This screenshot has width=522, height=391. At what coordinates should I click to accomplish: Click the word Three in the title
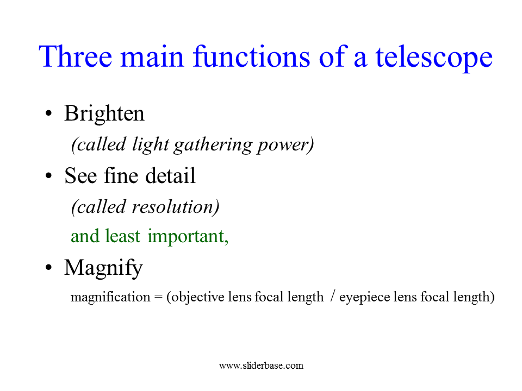click(75, 56)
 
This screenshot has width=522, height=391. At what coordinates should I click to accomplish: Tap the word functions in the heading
click(252, 56)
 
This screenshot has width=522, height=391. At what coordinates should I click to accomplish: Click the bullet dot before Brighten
click(48, 113)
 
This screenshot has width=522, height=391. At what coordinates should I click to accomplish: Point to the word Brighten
click(104, 113)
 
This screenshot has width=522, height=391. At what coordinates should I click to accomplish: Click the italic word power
click(283, 146)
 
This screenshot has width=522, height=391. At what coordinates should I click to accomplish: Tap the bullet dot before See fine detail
click(48, 175)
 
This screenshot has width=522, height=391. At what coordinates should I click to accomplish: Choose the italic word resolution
click(172, 206)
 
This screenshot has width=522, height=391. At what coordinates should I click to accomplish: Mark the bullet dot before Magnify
click(48, 267)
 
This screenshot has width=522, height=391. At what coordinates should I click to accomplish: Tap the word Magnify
click(103, 268)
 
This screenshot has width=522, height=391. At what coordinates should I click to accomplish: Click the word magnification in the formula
click(110, 297)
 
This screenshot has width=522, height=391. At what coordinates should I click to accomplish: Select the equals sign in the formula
click(158, 297)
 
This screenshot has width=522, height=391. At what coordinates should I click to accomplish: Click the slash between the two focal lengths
click(332, 296)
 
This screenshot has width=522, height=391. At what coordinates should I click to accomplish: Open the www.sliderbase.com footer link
click(262, 365)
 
